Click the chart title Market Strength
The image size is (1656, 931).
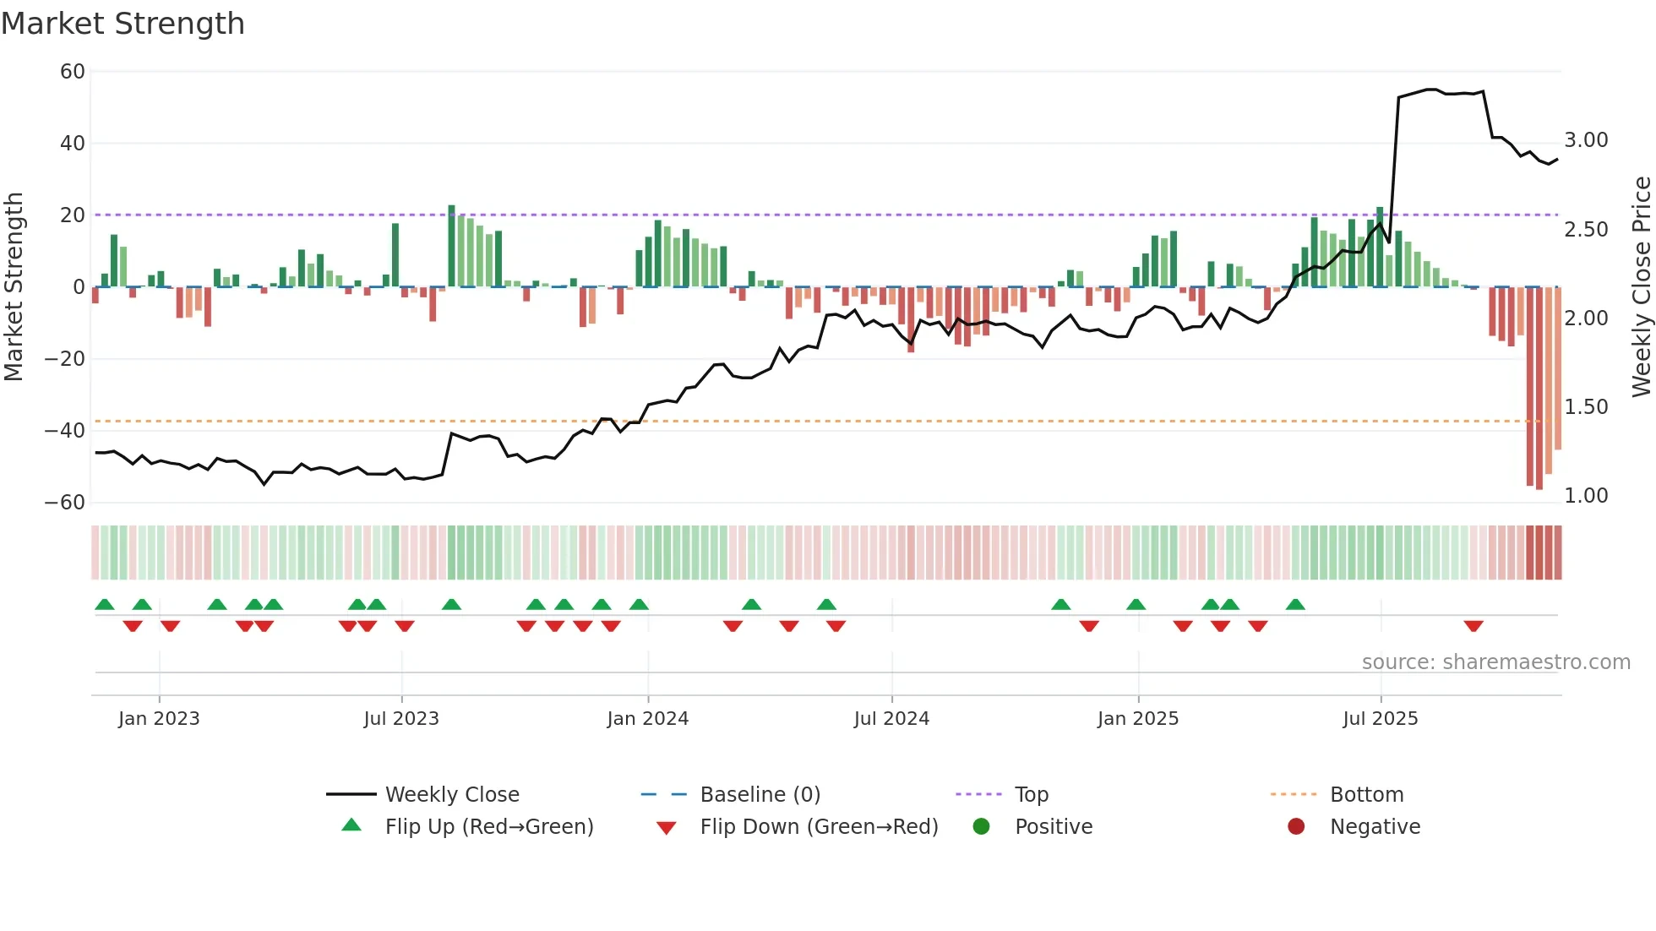click(x=123, y=24)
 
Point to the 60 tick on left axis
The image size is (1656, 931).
click(x=73, y=72)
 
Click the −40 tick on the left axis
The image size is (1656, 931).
click(x=65, y=431)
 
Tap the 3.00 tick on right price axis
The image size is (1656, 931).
click(x=1586, y=140)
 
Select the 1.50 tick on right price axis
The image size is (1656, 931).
click(x=1586, y=407)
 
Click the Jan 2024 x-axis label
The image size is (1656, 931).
click(x=647, y=719)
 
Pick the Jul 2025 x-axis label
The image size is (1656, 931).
click(x=1380, y=719)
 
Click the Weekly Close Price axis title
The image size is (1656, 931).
click(x=1641, y=287)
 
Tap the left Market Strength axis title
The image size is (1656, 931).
click(x=14, y=287)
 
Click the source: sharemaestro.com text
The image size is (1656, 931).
click(x=1495, y=662)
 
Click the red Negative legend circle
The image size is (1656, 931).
click(x=1296, y=827)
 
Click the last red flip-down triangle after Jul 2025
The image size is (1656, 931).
click(x=1474, y=626)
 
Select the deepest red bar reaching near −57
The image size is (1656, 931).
click(x=1539, y=389)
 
